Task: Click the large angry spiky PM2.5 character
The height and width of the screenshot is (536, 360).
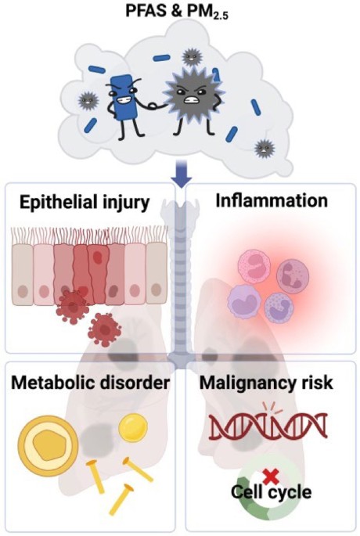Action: click(193, 100)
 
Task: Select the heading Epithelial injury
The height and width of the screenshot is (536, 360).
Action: click(85, 203)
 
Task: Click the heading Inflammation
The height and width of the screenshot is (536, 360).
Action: click(272, 200)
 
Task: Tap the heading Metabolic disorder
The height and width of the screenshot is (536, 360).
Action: click(90, 383)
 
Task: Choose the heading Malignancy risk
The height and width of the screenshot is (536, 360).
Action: click(266, 383)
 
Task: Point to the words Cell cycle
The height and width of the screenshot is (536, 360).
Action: click(271, 492)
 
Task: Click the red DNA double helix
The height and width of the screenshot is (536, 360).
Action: click(268, 426)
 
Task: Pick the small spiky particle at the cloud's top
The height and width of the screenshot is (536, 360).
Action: click(189, 57)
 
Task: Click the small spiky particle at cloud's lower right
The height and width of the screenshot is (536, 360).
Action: click(265, 148)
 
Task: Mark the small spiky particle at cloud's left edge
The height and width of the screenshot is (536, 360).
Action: click(88, 101)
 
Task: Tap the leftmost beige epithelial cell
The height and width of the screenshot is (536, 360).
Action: click(23, 274)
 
